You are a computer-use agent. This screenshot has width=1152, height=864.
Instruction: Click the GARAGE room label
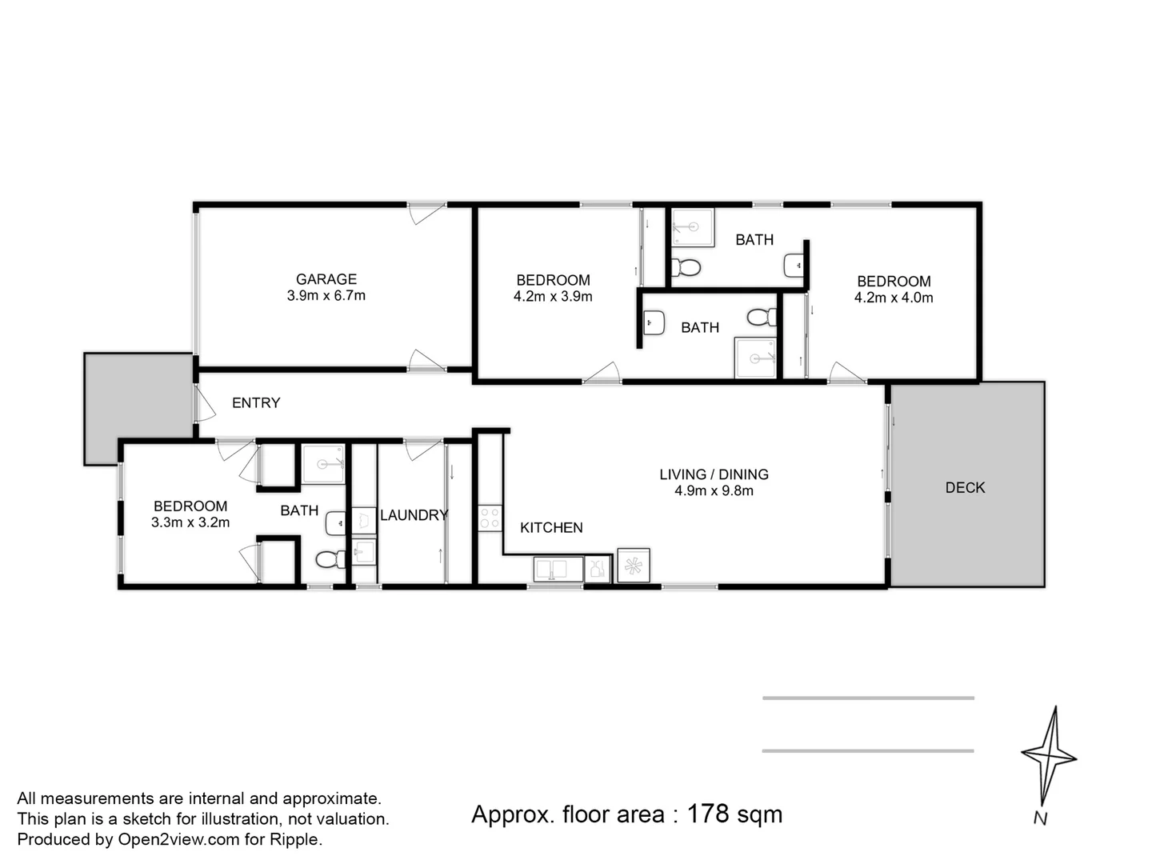(326, 279)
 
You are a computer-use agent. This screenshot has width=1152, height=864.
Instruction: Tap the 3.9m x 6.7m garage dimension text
(326, 296)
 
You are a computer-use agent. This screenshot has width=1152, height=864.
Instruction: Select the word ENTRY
(256, 403)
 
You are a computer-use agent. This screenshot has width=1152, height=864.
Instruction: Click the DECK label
(965, 488)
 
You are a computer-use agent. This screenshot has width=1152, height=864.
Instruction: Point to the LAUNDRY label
(414, 515)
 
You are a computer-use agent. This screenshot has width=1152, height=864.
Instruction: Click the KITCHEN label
(551, 528)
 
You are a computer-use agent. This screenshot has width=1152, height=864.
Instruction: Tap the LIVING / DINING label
(714, 474)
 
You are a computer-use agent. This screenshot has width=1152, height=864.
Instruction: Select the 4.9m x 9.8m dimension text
(714, 491)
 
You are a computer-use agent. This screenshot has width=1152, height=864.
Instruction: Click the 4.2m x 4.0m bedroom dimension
(894, 298)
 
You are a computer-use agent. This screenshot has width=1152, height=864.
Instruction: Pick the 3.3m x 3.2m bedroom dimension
(190, 523)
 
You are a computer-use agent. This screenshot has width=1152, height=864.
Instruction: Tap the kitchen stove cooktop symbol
(490, 518)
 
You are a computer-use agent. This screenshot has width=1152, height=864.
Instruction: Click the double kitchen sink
(558, 570)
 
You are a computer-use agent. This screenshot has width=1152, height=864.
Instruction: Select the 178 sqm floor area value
(734, 814)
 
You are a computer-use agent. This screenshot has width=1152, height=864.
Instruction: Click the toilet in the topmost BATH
(686, 267)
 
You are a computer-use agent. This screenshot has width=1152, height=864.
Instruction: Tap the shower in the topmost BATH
(692, 227)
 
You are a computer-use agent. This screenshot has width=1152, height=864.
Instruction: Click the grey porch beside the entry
(138, 408)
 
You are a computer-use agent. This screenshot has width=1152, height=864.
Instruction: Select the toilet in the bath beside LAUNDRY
(327, 558)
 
